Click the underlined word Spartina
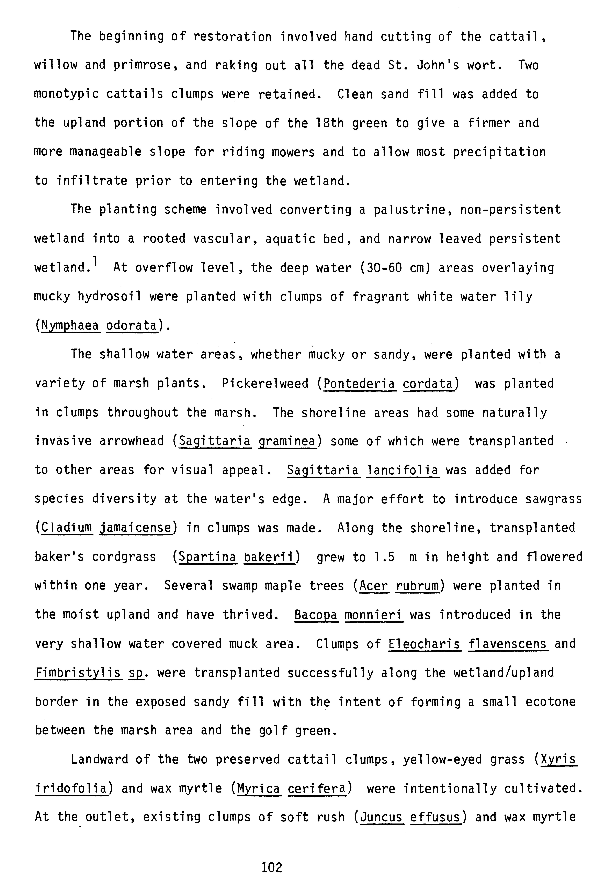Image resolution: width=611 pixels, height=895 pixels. (207, 557)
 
